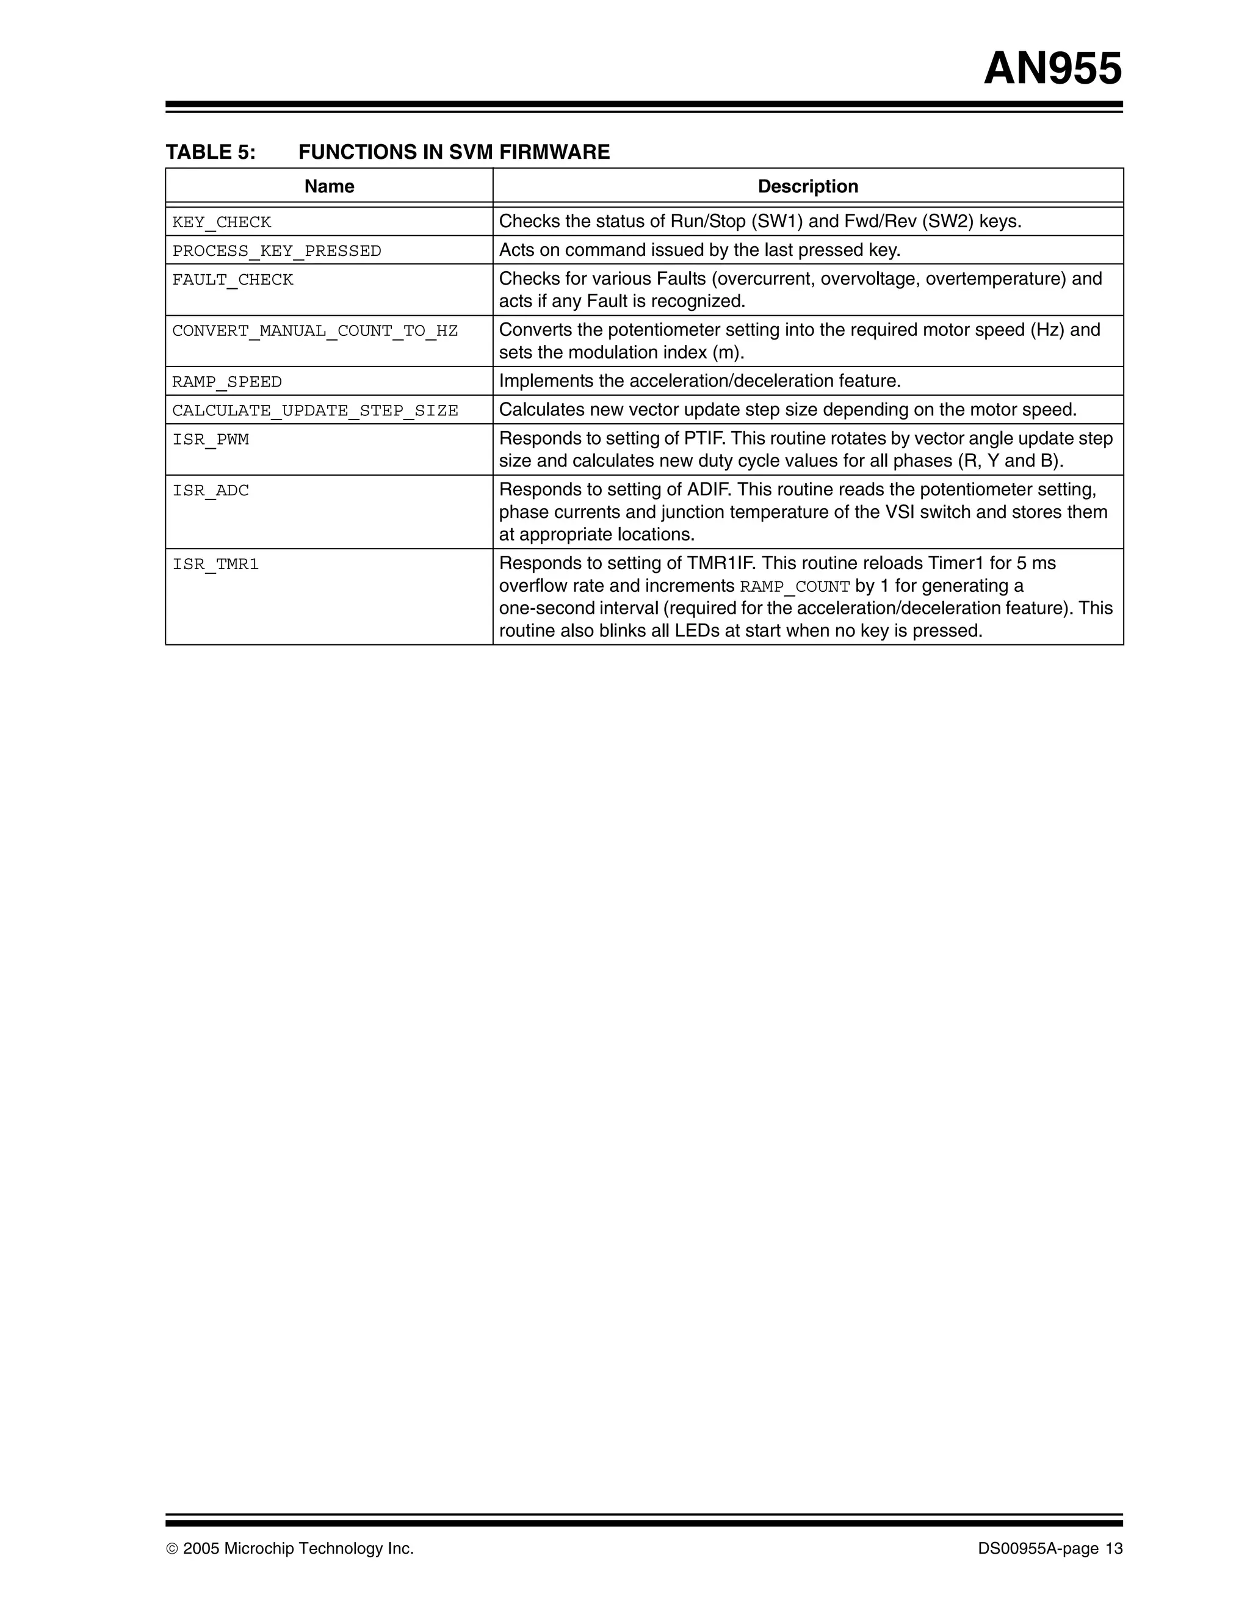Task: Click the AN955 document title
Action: pos(1052,69)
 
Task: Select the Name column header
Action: pos(329,186)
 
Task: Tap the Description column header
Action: pos(807,186)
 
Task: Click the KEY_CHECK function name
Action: pos(222,222)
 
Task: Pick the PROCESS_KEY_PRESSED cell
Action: pos(276,251)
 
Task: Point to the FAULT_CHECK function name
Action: pos(233,280)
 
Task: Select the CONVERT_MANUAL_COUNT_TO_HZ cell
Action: pos(315,330)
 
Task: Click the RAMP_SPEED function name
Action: pos(226,382)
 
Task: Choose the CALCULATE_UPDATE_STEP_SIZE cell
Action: pos(315,410)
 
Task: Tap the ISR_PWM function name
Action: pos(211,440)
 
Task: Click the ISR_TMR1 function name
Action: pos(215,564)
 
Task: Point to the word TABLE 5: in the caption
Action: pos(211,152)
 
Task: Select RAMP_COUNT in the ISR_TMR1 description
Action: pos(794,587)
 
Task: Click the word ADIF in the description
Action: pos(707,490)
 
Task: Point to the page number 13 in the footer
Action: pos(1114,1549)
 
